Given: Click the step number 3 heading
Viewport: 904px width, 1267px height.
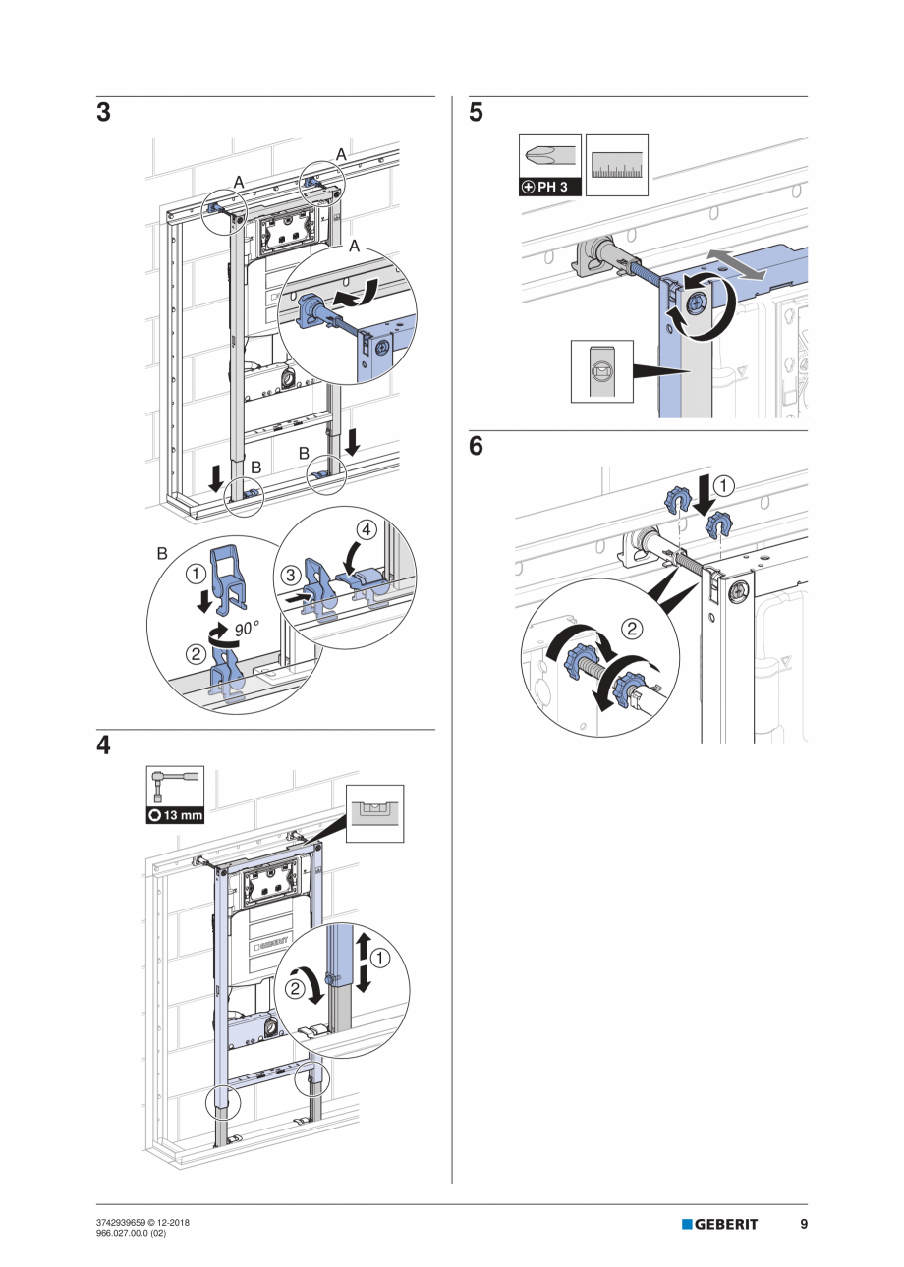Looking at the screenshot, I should tap(103, 113).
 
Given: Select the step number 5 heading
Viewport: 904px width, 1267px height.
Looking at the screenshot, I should tap(477, 113).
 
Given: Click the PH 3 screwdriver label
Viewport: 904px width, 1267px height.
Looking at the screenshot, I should tap(550, 187).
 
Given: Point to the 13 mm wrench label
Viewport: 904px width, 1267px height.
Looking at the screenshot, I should tap(176, 814).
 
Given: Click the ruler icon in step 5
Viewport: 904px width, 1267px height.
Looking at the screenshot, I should tap(617, 165).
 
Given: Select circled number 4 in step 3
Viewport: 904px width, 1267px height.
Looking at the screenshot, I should tap(365, 530).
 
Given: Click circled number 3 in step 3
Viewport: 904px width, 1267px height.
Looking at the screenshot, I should tap(291, 572).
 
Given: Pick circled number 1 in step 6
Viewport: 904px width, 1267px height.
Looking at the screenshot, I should tap(722, 484).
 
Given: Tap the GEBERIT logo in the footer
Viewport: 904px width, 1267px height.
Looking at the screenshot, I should tap(720, 1224).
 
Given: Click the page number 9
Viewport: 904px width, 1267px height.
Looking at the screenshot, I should tap(803, 1224).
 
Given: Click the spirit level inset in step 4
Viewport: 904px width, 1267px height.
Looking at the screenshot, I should tap(375, 812).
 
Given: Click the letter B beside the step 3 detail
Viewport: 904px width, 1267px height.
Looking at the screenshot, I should tap(162, 554).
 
